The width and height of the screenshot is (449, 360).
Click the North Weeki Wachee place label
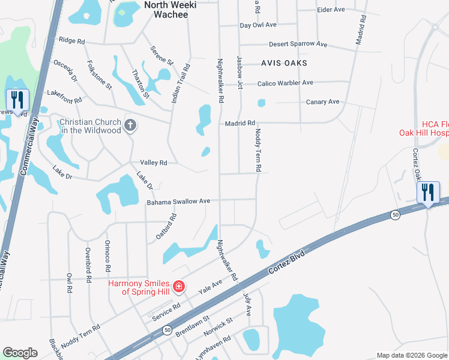166,9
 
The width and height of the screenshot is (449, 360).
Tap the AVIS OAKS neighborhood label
284,63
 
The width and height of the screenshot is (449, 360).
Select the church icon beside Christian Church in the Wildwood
130,126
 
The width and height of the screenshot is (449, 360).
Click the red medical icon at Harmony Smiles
178,287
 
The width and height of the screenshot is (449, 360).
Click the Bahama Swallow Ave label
178,202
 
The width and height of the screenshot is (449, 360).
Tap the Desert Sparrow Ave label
298,44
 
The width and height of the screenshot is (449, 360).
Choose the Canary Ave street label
323,102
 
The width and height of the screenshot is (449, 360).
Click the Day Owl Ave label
258,25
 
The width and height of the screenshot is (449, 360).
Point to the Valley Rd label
153,163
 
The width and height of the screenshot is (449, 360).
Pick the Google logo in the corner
20,353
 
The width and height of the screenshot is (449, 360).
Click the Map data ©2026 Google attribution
411,355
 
